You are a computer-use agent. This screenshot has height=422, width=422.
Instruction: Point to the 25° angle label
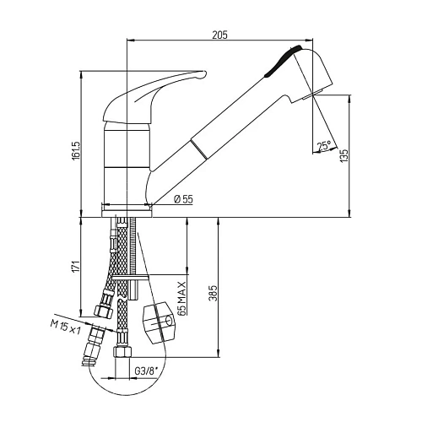point(323,146)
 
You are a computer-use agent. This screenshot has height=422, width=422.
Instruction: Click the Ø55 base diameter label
point(182,199)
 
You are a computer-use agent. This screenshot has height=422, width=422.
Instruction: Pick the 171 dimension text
point(76,266)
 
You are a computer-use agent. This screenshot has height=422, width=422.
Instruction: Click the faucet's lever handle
point(156,93)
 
